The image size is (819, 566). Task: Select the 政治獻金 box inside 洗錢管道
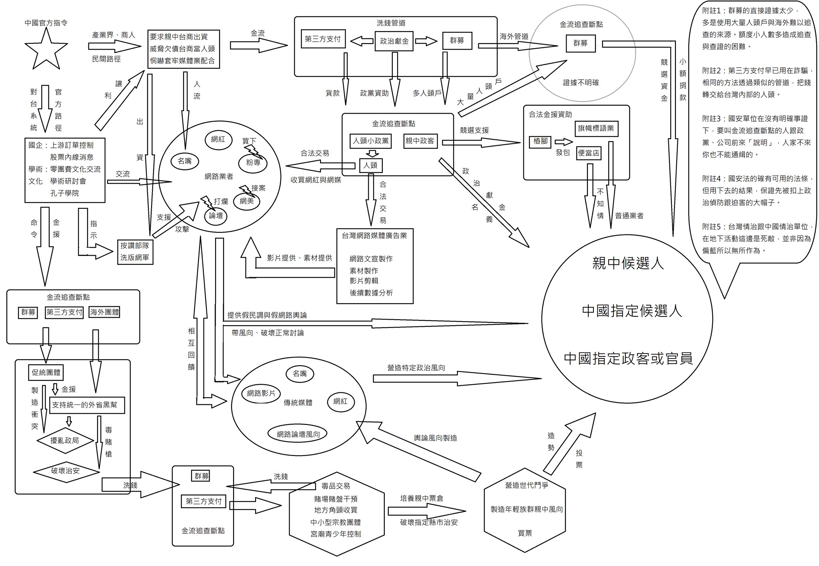click(394, 41)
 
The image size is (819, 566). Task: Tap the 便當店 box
click(589, 153)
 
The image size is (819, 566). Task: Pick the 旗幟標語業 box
click(596, 128)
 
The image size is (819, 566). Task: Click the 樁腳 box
click(541, 142)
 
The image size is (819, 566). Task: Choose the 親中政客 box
click(420, 140)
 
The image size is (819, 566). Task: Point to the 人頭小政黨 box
click(371, 141)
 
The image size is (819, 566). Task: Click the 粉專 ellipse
click(253, 162)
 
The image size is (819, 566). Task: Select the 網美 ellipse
click(247, 201)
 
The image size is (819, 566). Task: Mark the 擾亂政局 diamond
click(65, 441)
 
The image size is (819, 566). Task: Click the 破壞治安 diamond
click(66, 471)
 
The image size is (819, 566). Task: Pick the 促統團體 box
click(46, 372)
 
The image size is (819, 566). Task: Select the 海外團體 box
click(104, 312)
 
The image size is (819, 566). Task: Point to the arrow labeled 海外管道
click(518, 46)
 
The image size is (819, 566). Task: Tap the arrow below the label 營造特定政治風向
click(457, 378)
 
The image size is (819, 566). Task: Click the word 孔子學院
click(64, 193)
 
